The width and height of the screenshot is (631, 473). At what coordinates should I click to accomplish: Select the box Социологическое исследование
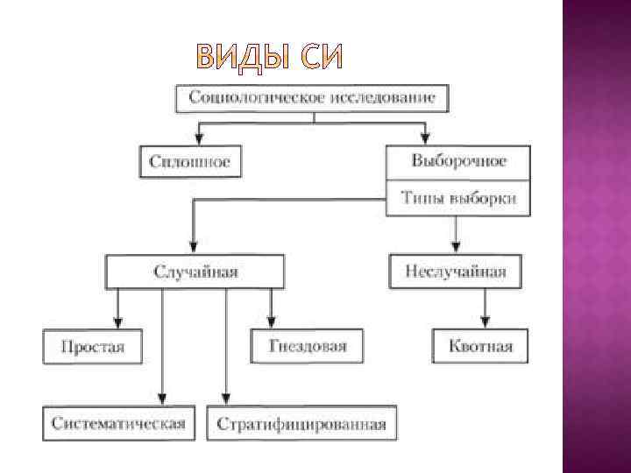pos(312,96)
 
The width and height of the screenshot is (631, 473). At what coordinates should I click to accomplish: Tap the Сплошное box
pos(189,161)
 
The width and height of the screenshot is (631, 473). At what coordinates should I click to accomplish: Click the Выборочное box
pos(458,161)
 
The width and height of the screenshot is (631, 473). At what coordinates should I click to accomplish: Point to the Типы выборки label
pos(458,198)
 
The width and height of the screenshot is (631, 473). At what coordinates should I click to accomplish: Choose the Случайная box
pos(195,272)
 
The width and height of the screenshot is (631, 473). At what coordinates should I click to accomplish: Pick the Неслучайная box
pos(455,272)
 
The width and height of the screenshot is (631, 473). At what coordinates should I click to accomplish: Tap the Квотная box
pos(480,346)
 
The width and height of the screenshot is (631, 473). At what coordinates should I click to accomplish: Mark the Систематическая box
pos(118,424)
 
